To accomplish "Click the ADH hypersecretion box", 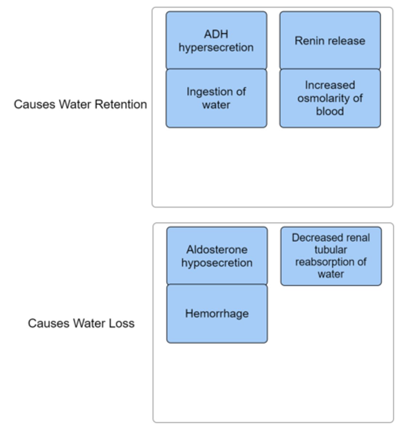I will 216,40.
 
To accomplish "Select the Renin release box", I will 330,40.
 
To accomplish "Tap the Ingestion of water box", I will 216,98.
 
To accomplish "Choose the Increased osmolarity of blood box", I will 330,98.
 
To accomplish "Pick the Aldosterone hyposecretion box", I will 217,256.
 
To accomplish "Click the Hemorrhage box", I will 217,314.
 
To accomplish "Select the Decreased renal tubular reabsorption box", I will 331,256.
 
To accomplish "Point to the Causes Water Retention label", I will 80,104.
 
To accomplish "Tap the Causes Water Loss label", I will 81,323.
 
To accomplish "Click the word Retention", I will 121,104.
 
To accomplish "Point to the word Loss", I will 122,323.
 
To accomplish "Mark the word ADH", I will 216,34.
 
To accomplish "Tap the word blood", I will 330,111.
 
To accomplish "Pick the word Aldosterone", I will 217,250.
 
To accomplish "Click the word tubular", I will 331,250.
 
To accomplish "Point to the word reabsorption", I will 323,262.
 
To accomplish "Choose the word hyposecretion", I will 217,263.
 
